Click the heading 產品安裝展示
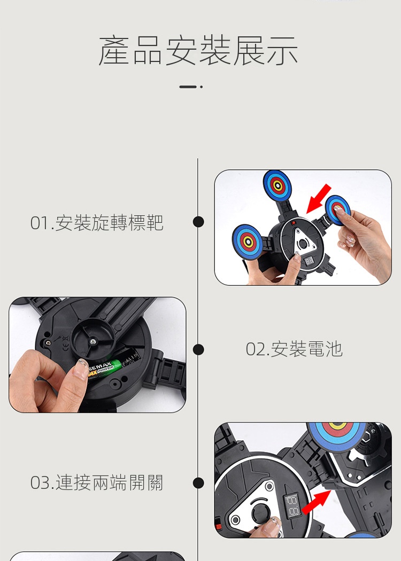tap(198, 50)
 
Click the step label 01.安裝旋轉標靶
tap(97, 223)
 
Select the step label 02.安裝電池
tap(294, 349)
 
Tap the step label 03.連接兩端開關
tap(97, 482)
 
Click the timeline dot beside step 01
tap(198, 222)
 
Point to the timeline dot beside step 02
tap(198, 349)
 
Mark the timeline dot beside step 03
tap(198, 482)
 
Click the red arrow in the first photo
tap(318, 199)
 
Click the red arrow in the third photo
tap(316, 502)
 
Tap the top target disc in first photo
tap(277, 186)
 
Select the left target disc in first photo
tap(248, 241)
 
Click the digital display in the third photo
tap(292, 505)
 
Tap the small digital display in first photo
tap(309, 261)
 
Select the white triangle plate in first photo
tap(303, 243)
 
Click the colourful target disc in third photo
tap(336, 435)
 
